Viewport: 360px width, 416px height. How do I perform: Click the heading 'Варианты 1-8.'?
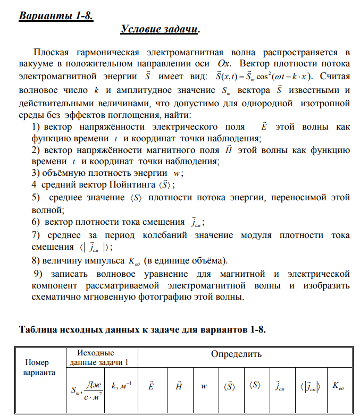(56, 16)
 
